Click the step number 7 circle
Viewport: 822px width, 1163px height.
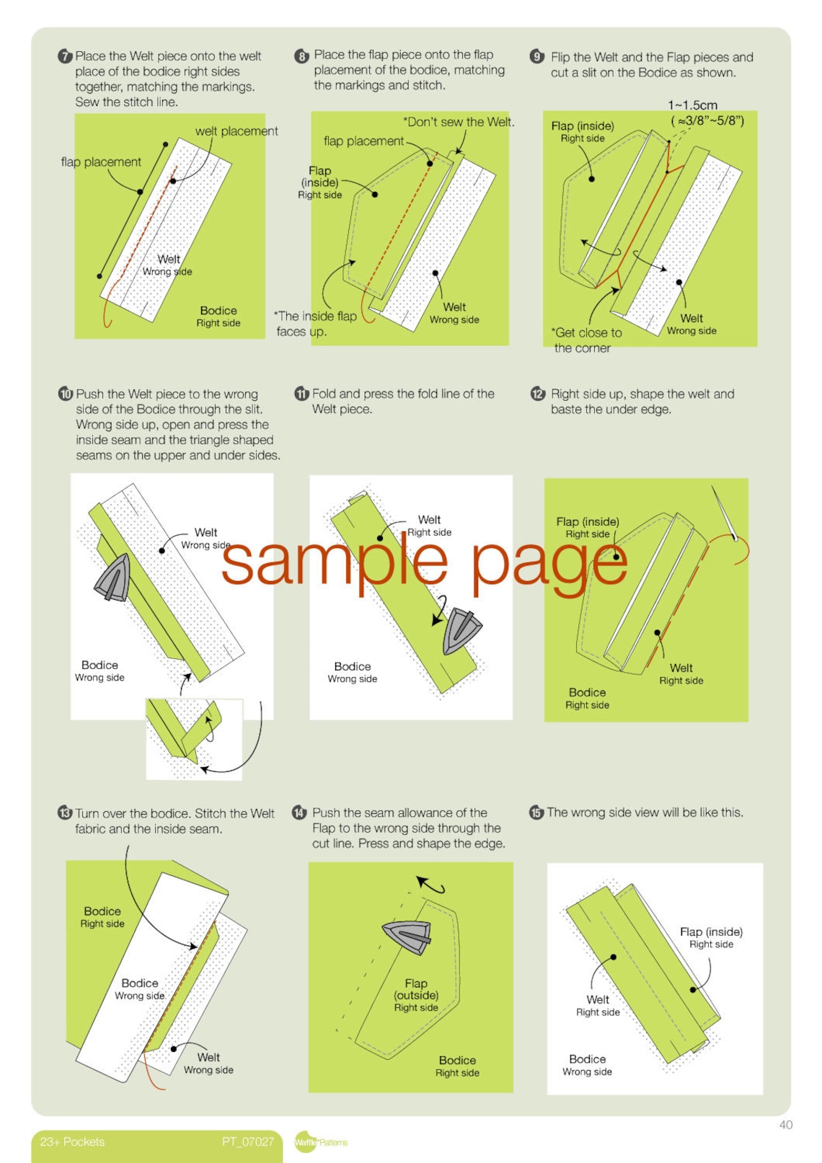(x=65, y=56)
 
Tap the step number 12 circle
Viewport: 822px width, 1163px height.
(x=538, y=394)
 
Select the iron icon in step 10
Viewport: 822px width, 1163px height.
(x=114, y=578)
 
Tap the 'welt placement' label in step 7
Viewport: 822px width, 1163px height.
(x=236, y=131)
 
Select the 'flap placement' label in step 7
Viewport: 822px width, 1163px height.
(x=101, y=162)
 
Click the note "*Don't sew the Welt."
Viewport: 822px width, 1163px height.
(x=459, y=122)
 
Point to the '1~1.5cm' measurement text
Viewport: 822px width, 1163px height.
(x=692, y=105)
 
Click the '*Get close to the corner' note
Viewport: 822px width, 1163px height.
(x=585, y=340)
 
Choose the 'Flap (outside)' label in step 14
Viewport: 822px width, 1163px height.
(x=416, y=995)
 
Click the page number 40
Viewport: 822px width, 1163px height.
(x=785, y=1125)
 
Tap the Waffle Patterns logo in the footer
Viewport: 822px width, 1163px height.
(x=320, y=1142)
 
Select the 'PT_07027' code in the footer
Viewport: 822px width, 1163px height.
(x=248, y=1142)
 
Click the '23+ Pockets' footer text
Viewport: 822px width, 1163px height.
(x=72, y=1142)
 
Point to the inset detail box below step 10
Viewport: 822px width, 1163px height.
(x=193, y=738)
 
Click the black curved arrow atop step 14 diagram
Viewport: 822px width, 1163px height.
(x=430, y=884)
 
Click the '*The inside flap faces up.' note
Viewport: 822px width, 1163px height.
(x=314, y=324)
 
